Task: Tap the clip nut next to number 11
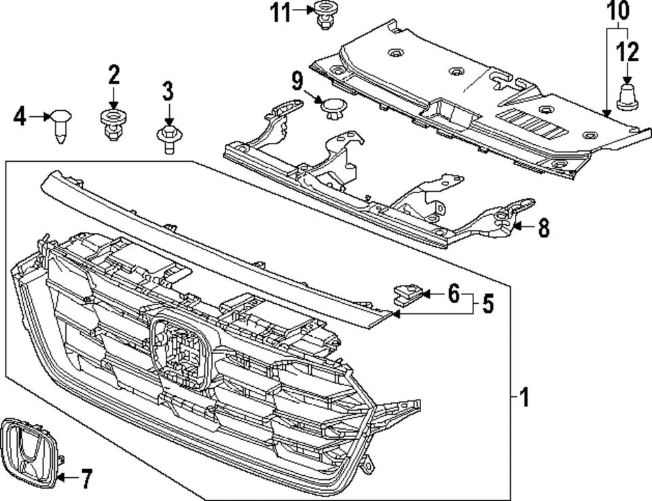[324, 16]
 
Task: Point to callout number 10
[618, 11]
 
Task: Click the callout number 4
[20, 117]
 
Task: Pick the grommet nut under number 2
[112, 123]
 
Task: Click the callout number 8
[543, 228]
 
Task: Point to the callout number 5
[488, 305]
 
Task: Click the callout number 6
[453, 294]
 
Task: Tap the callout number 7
[86, 479]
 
